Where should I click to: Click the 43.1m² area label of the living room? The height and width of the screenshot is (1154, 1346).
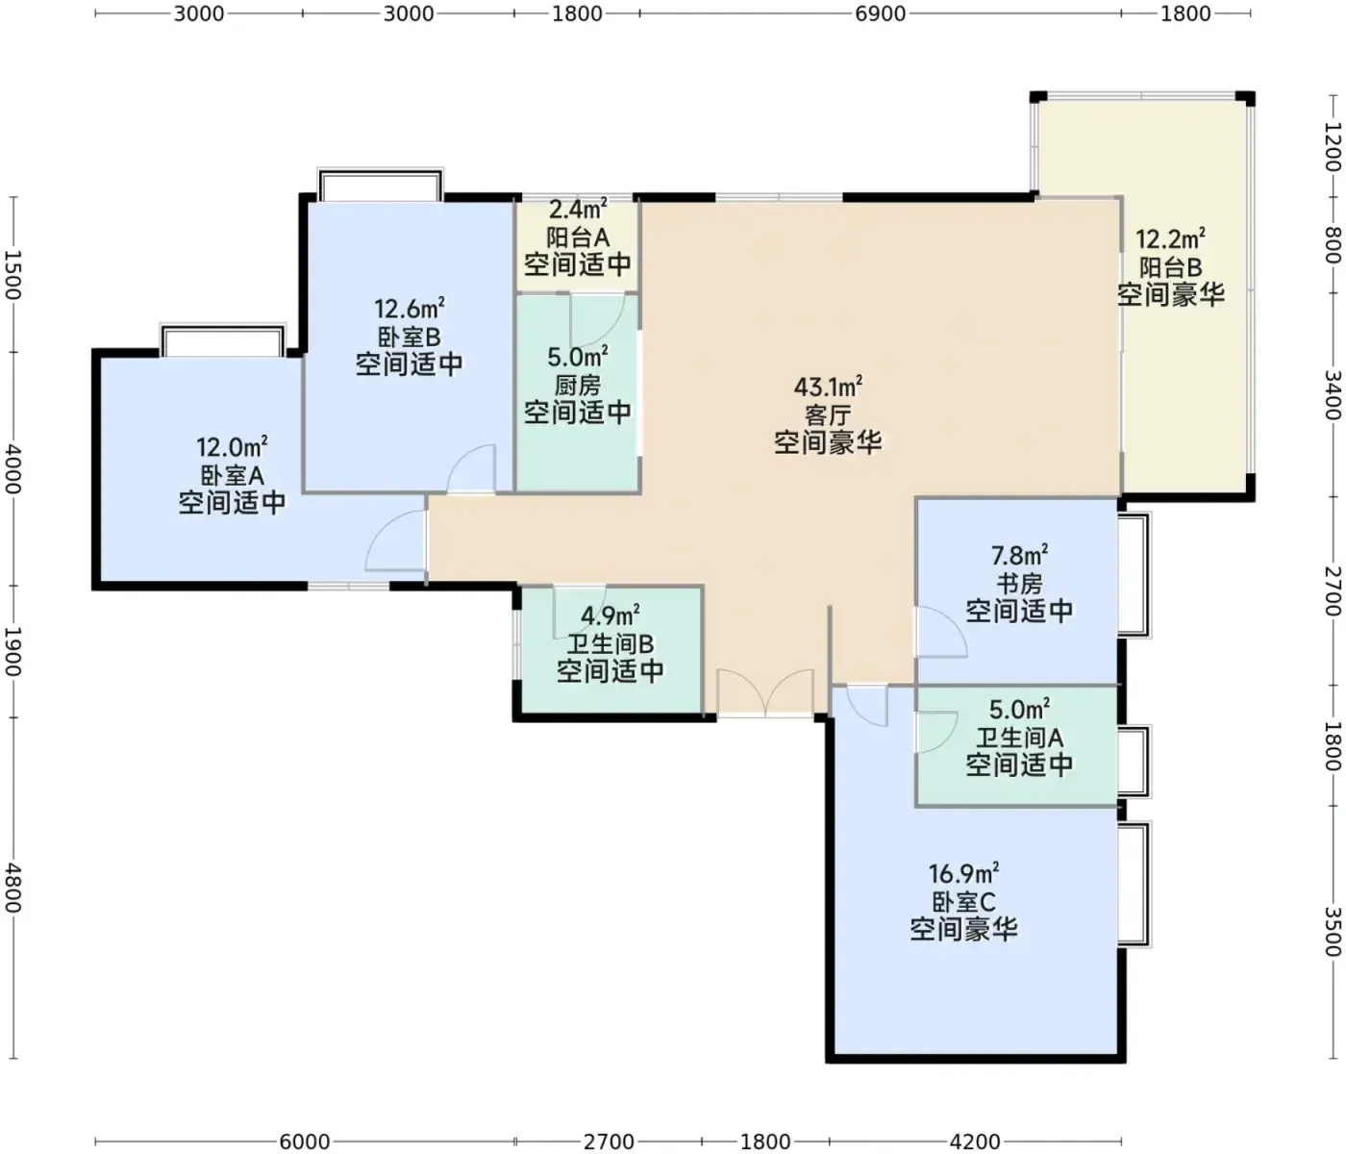(828, 387)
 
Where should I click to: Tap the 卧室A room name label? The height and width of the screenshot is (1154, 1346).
(233, 475)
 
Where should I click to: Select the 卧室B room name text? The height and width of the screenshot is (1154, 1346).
(409, 337)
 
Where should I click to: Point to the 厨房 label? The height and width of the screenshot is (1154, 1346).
(578, 386)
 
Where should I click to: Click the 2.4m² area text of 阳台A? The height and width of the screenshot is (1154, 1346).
(578, 209)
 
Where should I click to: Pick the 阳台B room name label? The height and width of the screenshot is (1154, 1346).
(1170, 267)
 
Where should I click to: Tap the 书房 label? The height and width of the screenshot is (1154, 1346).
(1019, 584)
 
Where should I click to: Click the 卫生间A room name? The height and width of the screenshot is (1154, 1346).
(1019, 738)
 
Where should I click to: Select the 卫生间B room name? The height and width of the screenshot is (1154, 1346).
(611, 644)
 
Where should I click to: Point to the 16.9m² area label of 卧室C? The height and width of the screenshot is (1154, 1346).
(963, 872)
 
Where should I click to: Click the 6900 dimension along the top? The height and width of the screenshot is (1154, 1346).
(881, 13)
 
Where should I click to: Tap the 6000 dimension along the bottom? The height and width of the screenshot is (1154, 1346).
(305, 1141)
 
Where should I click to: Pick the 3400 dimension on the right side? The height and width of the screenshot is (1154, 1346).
(1333, 395)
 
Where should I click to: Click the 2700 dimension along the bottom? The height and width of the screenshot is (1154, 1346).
(609, 1141)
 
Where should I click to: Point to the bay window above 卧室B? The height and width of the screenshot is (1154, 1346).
(381, 185)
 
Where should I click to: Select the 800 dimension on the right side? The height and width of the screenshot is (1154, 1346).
(1333, 245)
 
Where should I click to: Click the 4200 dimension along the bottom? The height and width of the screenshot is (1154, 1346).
(975, 1141)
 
